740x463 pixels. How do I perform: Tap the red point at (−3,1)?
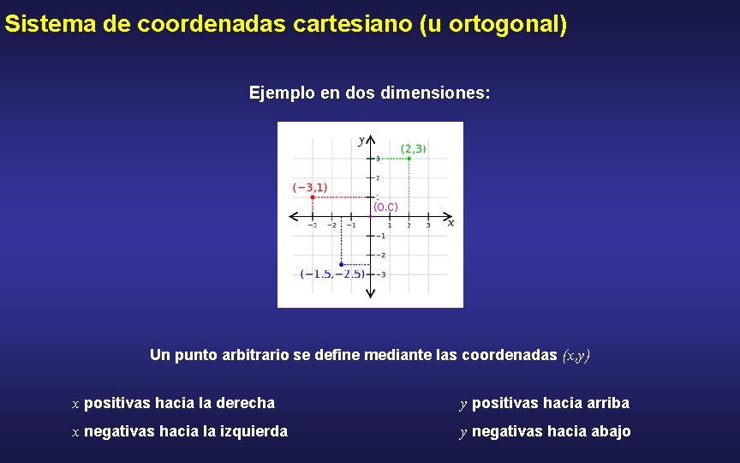[313, 197]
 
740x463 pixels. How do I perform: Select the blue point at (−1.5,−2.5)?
[341, 264]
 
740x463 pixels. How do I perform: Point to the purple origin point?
[370, 216]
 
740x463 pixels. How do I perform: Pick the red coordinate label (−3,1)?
[310, 187]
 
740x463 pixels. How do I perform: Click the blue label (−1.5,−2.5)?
[332, 274]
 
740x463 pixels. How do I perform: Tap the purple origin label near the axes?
[385, 207]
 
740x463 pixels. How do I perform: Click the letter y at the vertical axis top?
[361, 140]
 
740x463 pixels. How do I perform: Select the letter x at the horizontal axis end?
[451, 223]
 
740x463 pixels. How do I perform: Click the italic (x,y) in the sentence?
[576, 355]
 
